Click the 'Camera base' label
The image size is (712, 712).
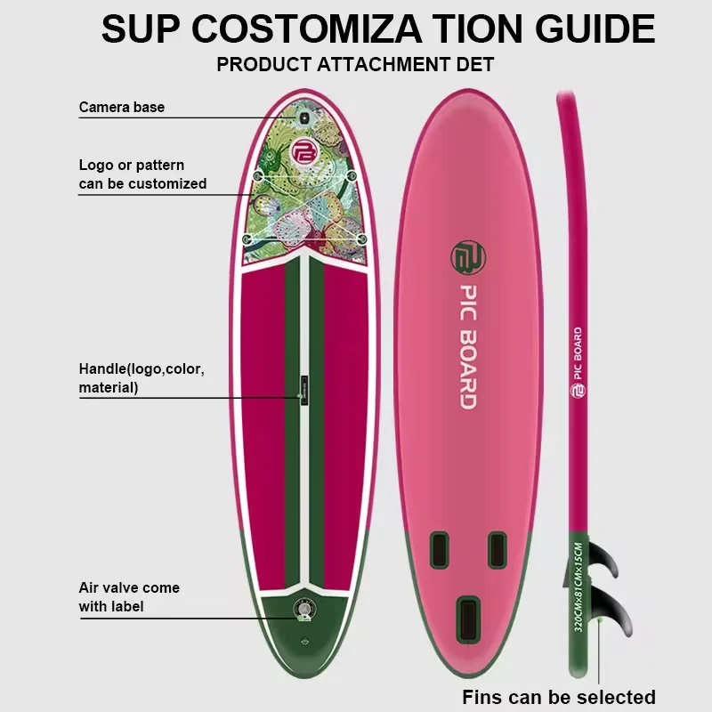point(121,108)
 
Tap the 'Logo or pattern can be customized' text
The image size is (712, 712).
point(142,174)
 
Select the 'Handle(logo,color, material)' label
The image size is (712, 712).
point(142,377)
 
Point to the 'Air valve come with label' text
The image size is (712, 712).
point(129,597)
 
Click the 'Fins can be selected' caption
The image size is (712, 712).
point(559,697)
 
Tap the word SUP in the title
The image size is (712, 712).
point(142,29)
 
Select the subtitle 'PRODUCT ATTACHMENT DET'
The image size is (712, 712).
point(355,65)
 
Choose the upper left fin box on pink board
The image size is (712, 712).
point(438,549)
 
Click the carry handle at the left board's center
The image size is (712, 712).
point(303,391)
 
